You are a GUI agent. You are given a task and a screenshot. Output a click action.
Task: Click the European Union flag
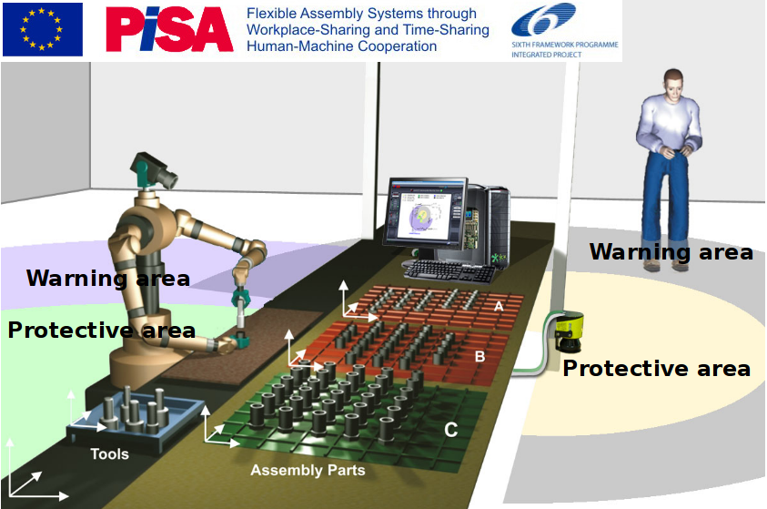pos(43,29)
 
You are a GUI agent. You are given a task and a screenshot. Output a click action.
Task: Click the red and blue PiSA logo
pos(169,29)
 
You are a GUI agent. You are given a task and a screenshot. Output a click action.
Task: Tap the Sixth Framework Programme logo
pos(565,30)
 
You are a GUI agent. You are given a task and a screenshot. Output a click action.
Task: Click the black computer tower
pos(489,225)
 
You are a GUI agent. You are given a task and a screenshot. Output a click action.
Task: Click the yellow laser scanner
pos(569,331)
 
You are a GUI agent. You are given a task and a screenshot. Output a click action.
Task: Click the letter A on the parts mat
pos(499,306)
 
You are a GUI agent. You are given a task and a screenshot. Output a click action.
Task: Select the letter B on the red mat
pos(479,356)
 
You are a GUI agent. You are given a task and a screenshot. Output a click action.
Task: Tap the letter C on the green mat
pos(451,430)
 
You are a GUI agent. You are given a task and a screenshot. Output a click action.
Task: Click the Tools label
pos(109,454)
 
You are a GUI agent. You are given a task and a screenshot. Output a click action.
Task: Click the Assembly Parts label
pos(308,471)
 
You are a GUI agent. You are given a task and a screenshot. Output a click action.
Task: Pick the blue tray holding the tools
pos(136,421)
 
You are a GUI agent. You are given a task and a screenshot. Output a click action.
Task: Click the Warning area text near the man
pos(671,252)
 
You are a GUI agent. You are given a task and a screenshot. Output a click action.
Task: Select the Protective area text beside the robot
pos(102,331)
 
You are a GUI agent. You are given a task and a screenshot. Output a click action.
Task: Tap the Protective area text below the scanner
pos(656,369)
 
